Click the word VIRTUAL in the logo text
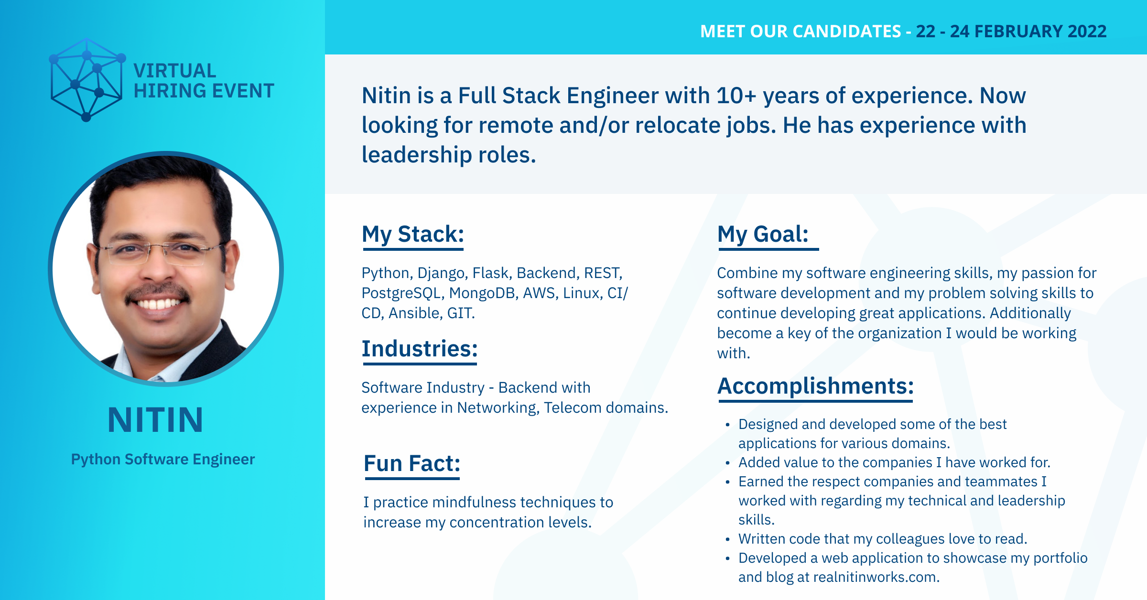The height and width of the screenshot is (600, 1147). [175, 71]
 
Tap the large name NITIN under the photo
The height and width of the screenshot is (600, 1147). [156, 420]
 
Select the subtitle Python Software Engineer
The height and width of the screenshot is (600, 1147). [163, 459]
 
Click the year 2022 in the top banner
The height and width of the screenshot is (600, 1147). [1087, 31]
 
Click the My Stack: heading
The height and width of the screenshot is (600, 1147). [413, 234]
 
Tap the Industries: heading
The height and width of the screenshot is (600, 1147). [420, 349]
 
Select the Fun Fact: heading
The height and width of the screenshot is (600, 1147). [412, 463]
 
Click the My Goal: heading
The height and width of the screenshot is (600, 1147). [763, 234]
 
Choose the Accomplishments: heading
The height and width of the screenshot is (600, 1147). [816, 386]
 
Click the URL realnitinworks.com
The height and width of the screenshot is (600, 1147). [876, 577]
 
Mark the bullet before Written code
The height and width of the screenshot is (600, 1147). [727, 539]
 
